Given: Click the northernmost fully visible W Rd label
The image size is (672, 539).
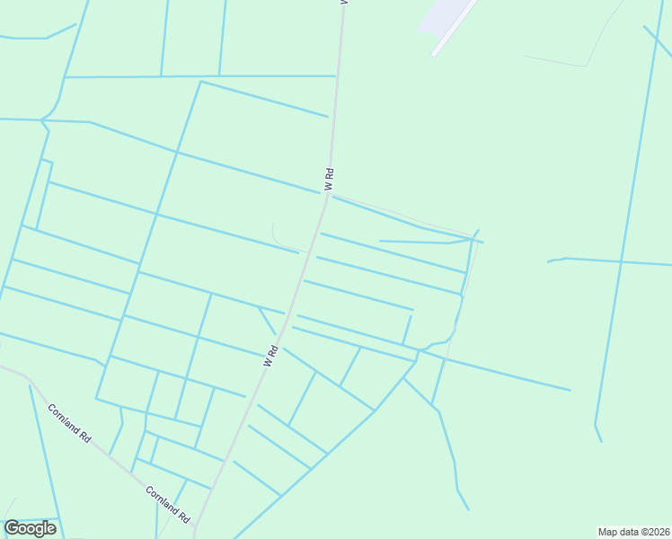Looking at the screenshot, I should pos(329,179).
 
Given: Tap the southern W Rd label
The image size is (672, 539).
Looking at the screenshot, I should pos(271,357).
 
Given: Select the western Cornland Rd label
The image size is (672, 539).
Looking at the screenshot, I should pos(70,424).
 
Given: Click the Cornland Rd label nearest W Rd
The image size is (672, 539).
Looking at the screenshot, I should pos(169,506).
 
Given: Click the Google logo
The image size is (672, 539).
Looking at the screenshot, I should pos(30,528).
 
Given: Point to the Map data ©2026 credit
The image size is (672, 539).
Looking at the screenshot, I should pos(633,532).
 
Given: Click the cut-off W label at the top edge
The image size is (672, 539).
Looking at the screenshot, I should pos(342,3).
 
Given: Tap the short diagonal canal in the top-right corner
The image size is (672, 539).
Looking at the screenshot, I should pos(657,40).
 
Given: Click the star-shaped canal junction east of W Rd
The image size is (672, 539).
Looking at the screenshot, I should pos(418,355).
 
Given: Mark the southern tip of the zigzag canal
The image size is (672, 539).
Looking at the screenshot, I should pos(468,509).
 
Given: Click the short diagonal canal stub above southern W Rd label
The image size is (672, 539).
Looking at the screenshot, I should pos(266,320).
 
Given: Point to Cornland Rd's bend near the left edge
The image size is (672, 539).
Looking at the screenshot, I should pos(27,376).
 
